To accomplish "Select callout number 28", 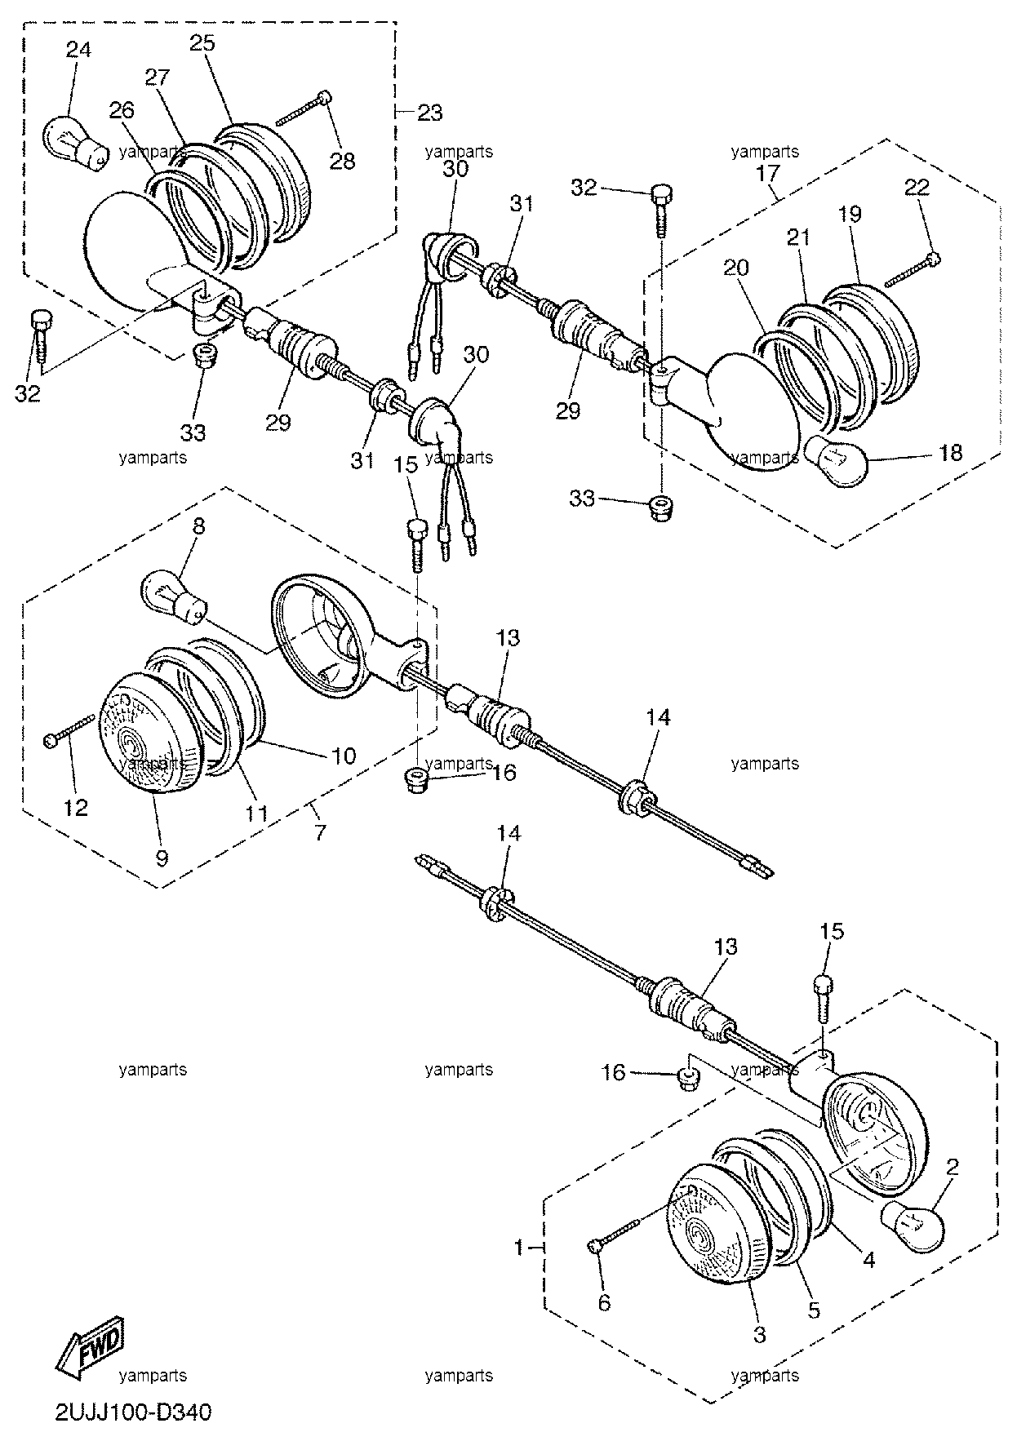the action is pyautogui.click(x=343, y=161).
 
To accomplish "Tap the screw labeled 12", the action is pyautogui.click(x=71, y=728).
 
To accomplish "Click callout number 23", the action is pyautogui.click(x=429, y=113).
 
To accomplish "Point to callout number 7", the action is pyautogui.click(x=319, y=832).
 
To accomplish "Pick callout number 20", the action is pyautogui.click(x=736, y=268).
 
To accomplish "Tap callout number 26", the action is pyautogui.click(x=122, y=110).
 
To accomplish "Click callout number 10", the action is pyautogui.click(x=344, y=756).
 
